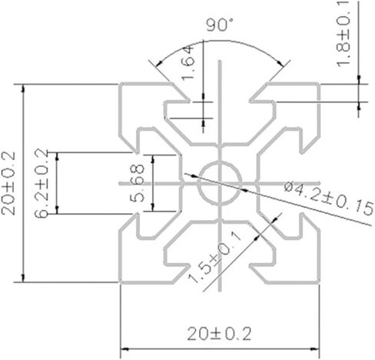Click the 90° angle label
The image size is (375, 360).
[220, 25]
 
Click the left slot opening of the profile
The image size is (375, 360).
[131, 184]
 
